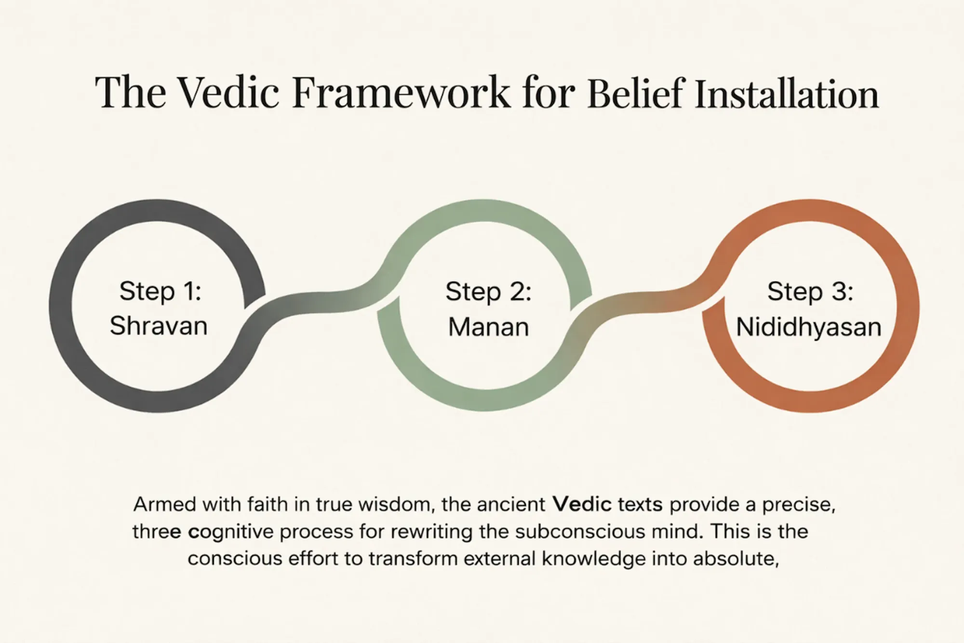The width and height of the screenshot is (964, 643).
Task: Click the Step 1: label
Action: click(160, 291)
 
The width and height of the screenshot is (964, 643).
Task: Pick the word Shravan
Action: click(159, 326)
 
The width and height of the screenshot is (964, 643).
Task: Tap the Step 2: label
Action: click(488, 292)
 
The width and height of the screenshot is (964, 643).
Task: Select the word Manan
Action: click(488, 327)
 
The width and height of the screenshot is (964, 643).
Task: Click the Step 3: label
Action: click(810, 292)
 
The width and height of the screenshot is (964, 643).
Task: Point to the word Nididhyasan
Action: click(809, 327)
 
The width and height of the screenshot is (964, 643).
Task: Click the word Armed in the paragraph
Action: click(164, 505)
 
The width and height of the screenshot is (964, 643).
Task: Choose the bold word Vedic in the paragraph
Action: click(582, 505)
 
